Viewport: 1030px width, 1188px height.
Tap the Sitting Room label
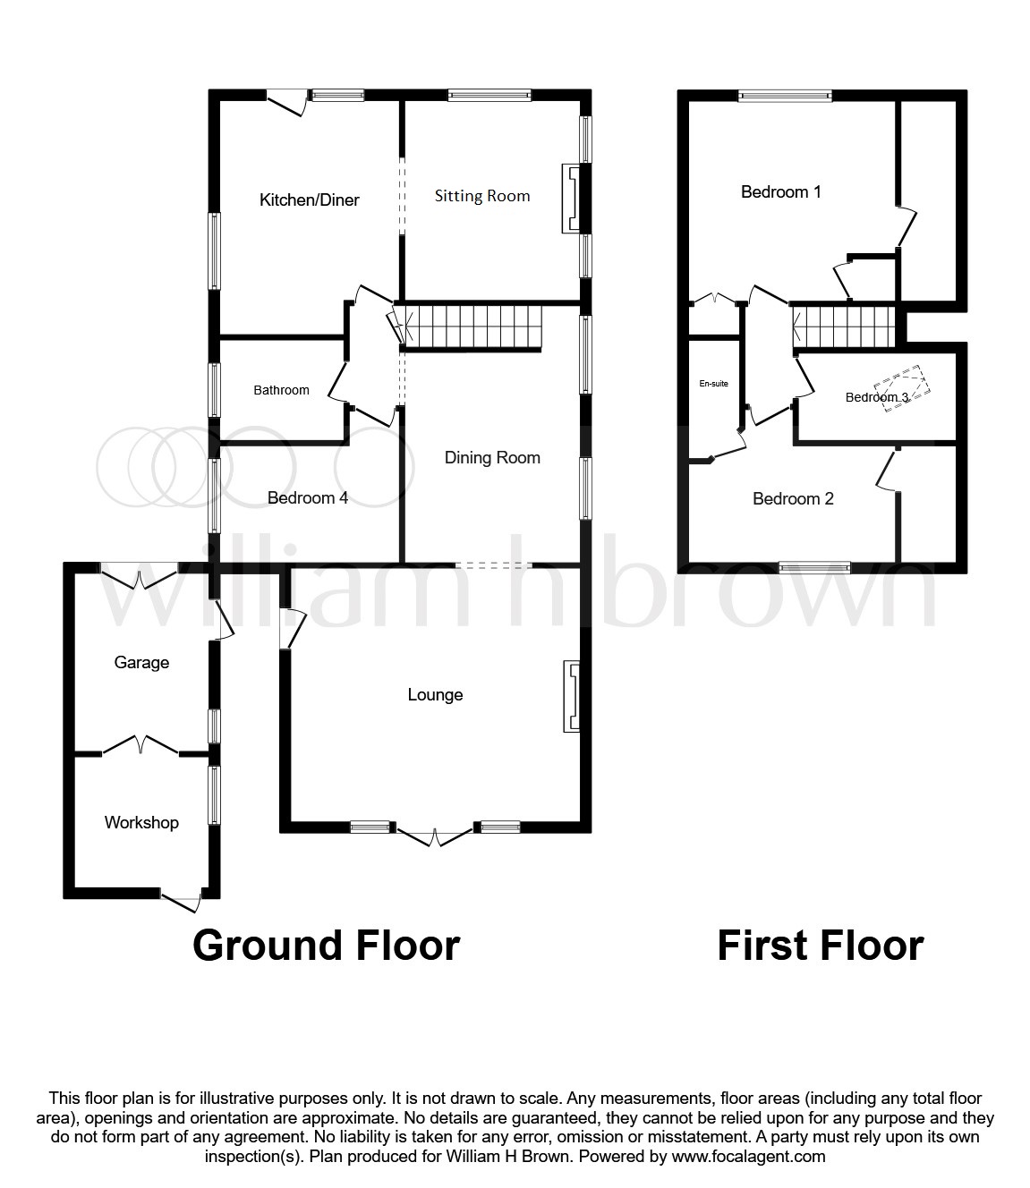tap(481, 196)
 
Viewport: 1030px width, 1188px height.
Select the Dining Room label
tap(492, 458)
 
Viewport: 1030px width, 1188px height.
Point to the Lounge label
tap(435, 695)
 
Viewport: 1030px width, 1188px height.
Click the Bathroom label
tap(281, 390)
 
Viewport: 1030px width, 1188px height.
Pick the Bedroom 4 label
tap(307, 498)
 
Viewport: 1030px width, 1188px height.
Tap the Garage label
tap(141, 663)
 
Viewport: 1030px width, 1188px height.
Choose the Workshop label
tap(141, 823)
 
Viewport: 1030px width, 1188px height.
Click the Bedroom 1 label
tap(780, 191)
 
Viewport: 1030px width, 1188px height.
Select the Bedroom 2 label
tap(793, 499)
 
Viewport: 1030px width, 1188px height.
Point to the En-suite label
tap(713, 384)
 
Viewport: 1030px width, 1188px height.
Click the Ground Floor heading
tap(326, 946)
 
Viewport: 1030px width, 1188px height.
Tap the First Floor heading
tap(820, 946)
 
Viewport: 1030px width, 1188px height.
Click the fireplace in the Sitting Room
tap(570, 198)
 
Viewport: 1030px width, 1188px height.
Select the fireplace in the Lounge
tap(571, 697)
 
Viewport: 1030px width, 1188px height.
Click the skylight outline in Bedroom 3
tap(907, 389)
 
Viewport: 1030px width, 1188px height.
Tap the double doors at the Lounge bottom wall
tap(434, 836)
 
